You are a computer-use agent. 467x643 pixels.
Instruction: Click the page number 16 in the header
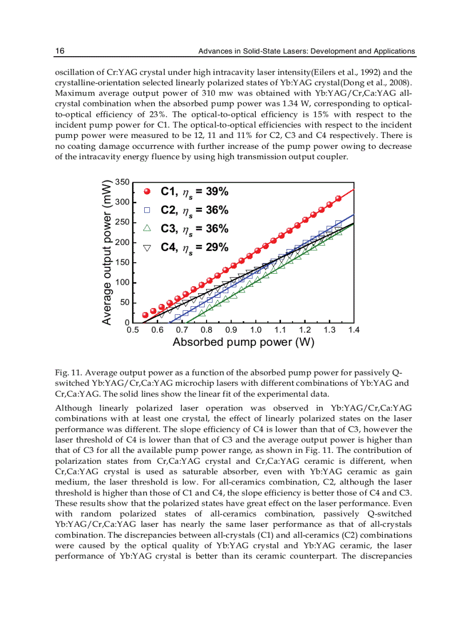point(60,51)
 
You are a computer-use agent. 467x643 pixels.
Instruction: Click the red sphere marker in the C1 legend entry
point(147,192)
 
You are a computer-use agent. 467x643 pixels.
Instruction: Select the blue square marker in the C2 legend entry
point(147,210)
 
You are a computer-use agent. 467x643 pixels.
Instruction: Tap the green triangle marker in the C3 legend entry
point(147,228)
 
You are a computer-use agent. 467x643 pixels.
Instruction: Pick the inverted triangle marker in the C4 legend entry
point(147,247)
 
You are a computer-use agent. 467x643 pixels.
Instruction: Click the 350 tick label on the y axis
point(122,182)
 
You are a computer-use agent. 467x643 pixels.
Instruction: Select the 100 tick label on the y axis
point(122,283)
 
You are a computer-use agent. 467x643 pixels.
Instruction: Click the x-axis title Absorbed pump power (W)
point(243,343)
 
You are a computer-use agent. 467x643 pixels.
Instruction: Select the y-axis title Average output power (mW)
point(107,253)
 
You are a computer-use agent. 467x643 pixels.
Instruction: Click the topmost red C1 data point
point(338,198)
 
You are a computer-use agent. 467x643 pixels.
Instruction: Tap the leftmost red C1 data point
point(145,315)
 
